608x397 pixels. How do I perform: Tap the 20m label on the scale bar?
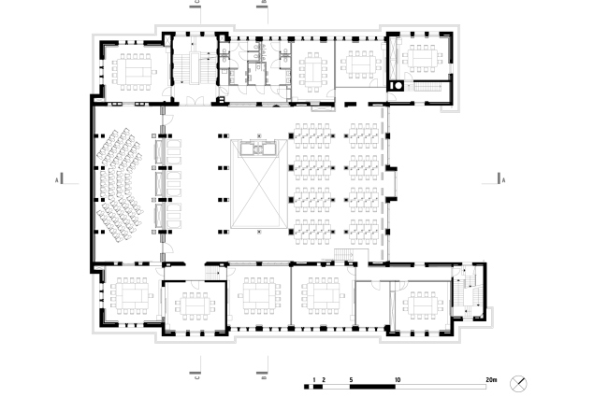[x=491, y=380]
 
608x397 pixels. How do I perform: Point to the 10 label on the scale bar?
[x=398, y=380]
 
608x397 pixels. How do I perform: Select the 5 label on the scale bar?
[x=351, y=380]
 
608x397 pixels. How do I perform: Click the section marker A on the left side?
[x=58, y=178]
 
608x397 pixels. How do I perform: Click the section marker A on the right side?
[x=502, y=178]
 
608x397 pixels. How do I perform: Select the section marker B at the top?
[x=265, y=5]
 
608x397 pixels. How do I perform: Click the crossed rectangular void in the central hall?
[x=254, y=192]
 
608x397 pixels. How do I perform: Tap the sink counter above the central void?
[x=255, y=147]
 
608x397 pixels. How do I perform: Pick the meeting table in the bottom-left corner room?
[x=130, y=297]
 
